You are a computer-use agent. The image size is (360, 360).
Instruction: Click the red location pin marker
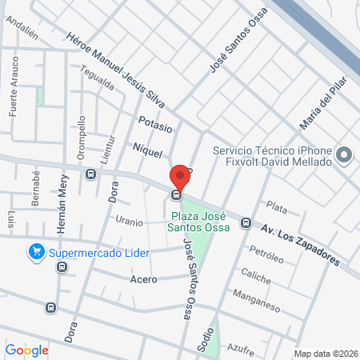coord(180,174)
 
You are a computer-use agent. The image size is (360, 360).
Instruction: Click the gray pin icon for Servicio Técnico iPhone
coord(345,155)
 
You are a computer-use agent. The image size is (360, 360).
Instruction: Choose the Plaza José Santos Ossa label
coord(199,222)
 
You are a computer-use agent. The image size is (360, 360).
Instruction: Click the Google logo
coord(26,350)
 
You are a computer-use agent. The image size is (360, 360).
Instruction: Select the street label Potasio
coord(155,126)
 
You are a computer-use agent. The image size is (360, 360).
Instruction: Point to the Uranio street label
coord(129,221)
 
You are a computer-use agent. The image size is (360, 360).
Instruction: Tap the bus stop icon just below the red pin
coord(176,194)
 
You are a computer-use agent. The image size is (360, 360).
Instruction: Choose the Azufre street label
coord(241,350)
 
